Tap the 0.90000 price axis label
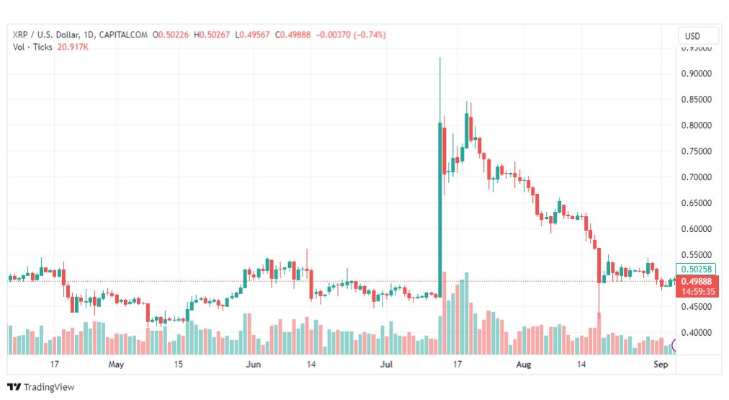pyautogui.click(x=697, y=74)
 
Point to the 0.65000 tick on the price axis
pyautogui.click(x=697, y=203)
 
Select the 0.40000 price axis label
pyautogui.click(x=697, y=333)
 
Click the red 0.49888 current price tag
pyautogui.click(x=697, y=281)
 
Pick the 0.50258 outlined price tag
pyautogui.click(x=697, y=269)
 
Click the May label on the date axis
pyautogui.click(x=117, y=365)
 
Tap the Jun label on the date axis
pyautogui.click(x=253, y=365)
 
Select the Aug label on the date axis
pyautogui.click(x=524, y=365)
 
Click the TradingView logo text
pyautogui.click(x=48, y=387)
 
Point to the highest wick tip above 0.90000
pyautogui.click(x=439, y=58)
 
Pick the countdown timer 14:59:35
pyautogui.click(x=697, y=292)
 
